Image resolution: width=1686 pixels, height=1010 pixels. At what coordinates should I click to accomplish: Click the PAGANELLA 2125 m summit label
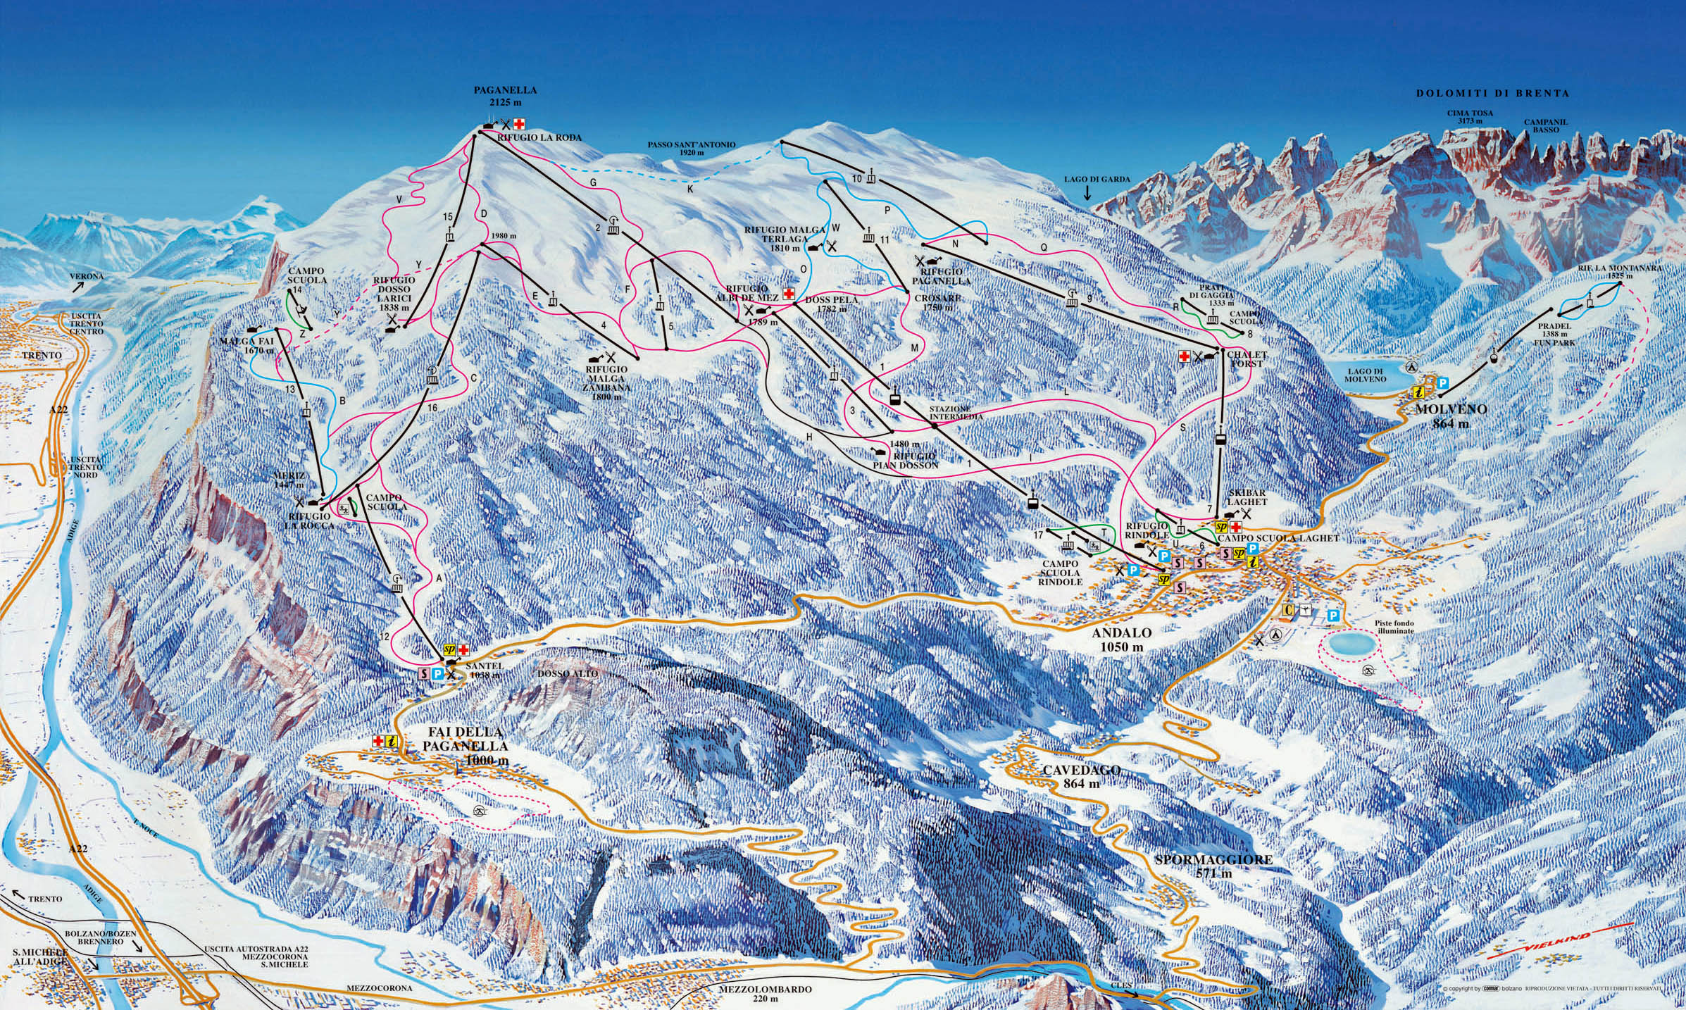(504, 96)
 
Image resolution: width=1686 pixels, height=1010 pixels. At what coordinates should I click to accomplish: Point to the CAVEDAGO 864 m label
(1071, 776)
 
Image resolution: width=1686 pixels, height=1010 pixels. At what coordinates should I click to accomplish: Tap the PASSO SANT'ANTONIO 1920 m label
(692, 149)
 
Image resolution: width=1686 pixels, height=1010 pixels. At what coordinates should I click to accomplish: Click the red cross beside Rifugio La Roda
(519, 124)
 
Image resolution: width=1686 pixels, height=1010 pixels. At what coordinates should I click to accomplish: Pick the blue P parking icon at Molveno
(1443, 382)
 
